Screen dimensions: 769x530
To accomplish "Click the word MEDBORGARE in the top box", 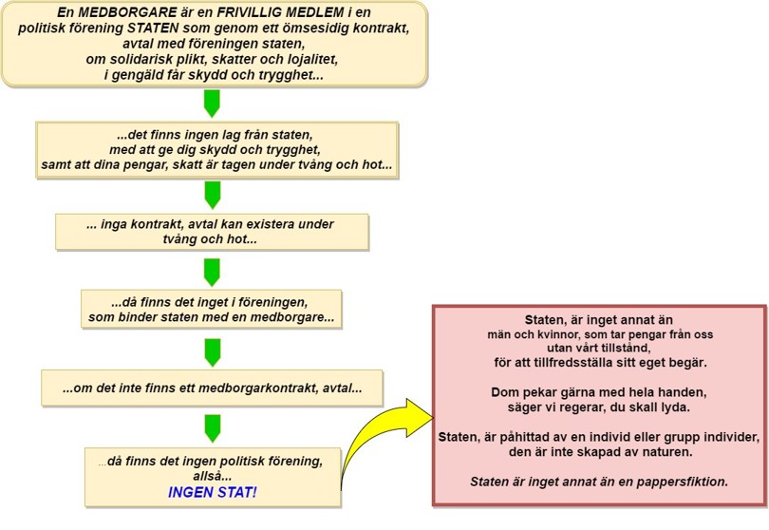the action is click(x=135, y=12).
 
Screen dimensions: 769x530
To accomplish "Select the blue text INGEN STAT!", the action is click(x=213, y=492).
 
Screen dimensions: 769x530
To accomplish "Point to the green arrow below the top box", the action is click(x=212, y=104).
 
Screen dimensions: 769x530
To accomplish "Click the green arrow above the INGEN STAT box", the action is click(x=213, y=428).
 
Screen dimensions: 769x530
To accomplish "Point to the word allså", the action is click(x=213, y=476).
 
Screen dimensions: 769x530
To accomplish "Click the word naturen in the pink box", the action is click(x=670, y=452).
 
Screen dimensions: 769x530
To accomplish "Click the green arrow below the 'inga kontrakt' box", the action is click(x=212, y=273).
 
